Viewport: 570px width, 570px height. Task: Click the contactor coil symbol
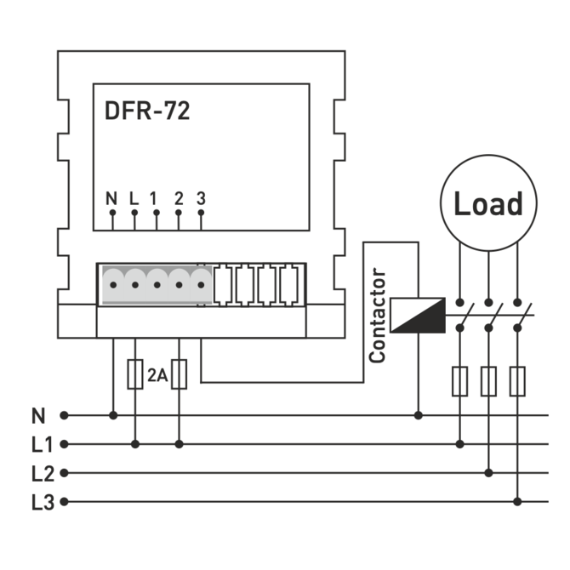(x=417, y=314)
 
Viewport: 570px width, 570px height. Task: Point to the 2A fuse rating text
(x=157, y=374)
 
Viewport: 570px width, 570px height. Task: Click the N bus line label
(x=37, y=416)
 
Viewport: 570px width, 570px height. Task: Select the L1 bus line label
(x=42, y=444)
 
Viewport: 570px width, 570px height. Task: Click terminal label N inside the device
(x=111, y=199)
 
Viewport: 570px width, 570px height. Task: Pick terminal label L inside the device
(x=134, y=199)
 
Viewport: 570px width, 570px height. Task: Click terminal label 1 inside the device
(x=156, y=199)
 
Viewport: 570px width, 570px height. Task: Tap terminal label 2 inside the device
(x=179, y=199)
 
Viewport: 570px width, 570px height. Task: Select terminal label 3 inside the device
(x=201, y=199)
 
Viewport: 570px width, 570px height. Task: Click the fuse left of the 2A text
(x=134, y=375)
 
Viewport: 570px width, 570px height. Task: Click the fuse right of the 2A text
(x=179, y=375)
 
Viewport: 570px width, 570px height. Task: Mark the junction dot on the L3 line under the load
(x=517, y=502)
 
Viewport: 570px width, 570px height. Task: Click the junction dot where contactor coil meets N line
(x=418, y=416)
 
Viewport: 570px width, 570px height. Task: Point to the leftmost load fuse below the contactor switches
(x=459, y=381)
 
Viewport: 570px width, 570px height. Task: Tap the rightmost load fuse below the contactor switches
(x=517, y=381)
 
